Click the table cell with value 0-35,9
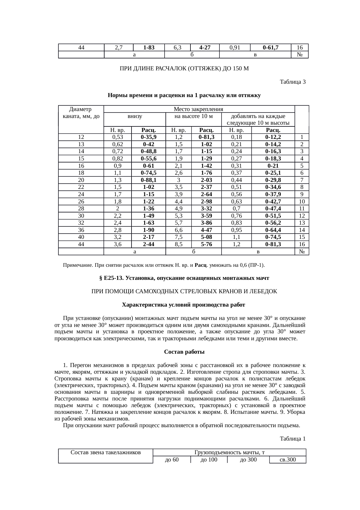[x=148, y=137]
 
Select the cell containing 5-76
[x=206, y=244]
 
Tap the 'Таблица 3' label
[x=292, y=82]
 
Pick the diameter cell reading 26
[x=81, y=201]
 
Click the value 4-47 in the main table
[x=206, y=230]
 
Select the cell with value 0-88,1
[x=148, y=180]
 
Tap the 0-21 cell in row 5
[x=273, y=166]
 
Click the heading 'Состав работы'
[x=184, y=352]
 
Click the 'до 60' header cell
[x=172, y=460]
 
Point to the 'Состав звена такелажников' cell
[x=106, y=452]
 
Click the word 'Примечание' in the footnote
[x=78, y=265]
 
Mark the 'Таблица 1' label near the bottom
[x=292, y=439]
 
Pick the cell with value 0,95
[x=236, y=230]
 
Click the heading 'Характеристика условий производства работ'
[x=184, y=305]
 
